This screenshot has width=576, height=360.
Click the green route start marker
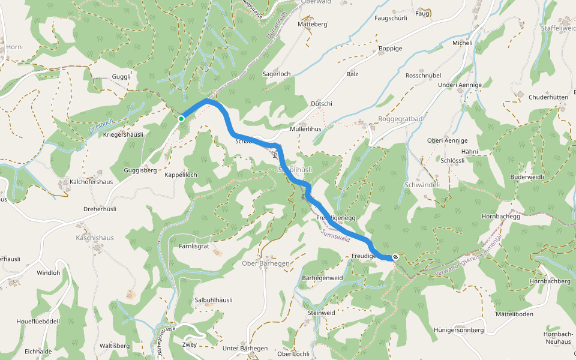tap(181, 119)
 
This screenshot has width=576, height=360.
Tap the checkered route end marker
tap(395, 257)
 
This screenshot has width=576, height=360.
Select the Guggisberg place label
tap(140, 170)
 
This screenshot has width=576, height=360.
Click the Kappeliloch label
tap(181, 175)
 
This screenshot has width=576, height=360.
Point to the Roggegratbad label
tap(401, 119)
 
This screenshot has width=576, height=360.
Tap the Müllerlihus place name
tap(305, 129)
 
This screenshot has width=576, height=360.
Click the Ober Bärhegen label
tap(266, 263)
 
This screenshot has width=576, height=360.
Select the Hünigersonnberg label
tap(458, 330)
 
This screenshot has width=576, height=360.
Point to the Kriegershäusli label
tap(123, 134)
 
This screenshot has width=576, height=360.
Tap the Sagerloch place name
tap(277, 74)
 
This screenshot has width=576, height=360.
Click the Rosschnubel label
tap(424, 76)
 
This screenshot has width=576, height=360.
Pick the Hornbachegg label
tap(500, 217)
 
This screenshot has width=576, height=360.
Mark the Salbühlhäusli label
tap(214, 300)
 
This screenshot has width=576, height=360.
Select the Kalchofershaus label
tap(91, 181)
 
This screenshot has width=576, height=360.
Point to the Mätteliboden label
tap(514, 314)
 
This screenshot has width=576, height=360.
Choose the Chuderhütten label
tap(548, 97)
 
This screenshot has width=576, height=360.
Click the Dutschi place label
tap(322, 104)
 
